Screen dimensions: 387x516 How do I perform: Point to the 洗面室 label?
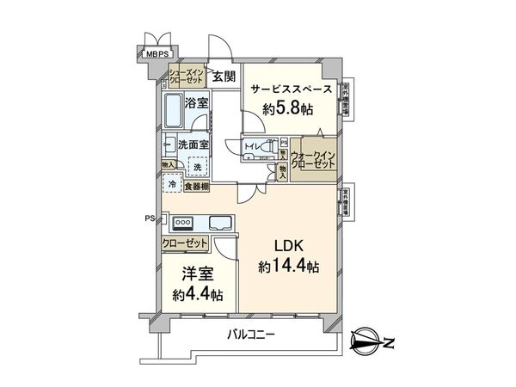click(193, 145)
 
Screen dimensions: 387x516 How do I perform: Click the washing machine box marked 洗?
click(197, 165)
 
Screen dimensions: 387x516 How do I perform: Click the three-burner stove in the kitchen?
click(185, 222)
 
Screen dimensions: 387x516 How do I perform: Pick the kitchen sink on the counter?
click(219, 222)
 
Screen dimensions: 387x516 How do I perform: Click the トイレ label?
click(255, 147)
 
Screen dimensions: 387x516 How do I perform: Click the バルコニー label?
click(250, 335)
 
